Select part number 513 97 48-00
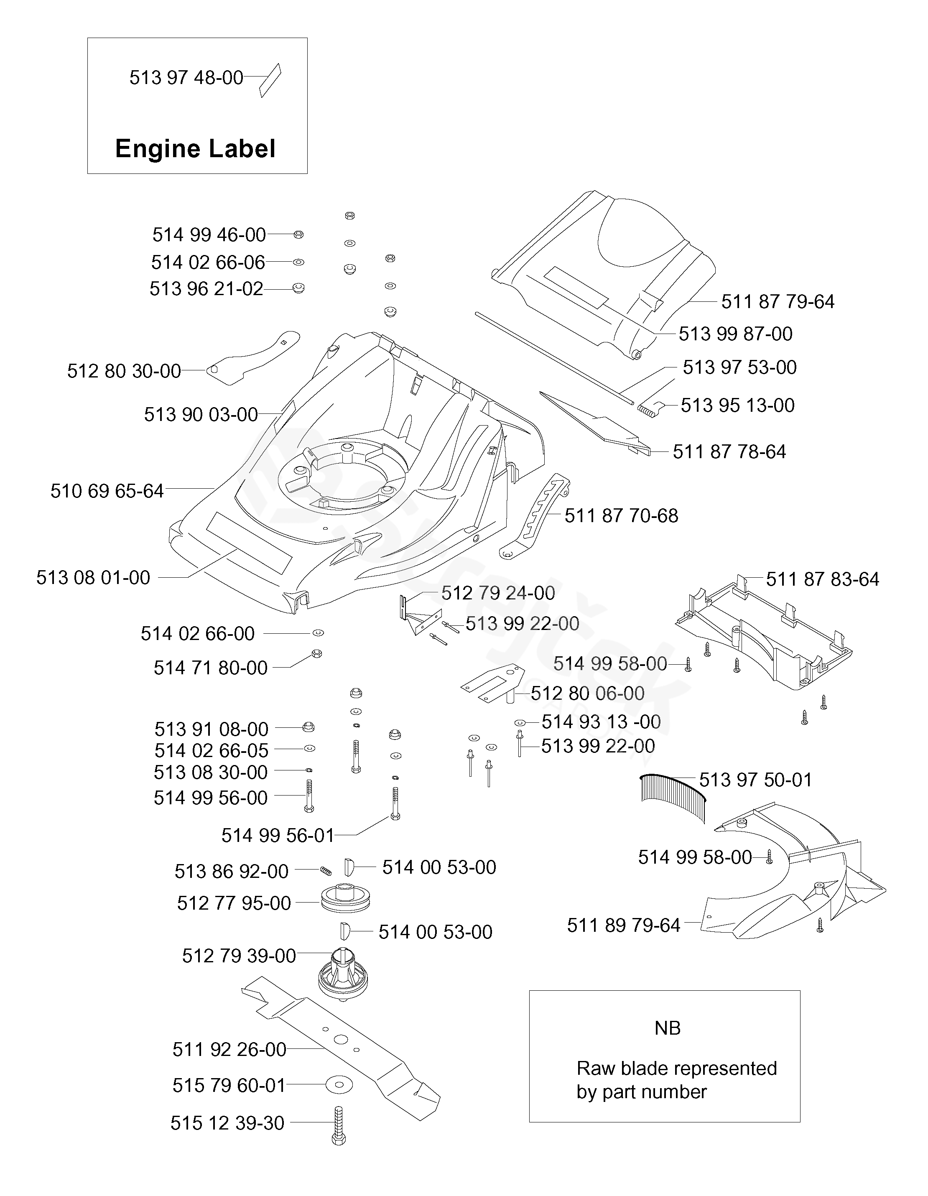[x=186, y=78]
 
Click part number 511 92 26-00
[x=229, y=1049]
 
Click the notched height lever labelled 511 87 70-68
[x=535, y=516]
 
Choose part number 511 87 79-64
[x=778, y=302]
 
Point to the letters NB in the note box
[x=668, y=1028]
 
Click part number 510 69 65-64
[x=107, y=491]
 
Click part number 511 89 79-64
[x=624, y=926]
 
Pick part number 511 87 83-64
[x=822, y=579]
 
